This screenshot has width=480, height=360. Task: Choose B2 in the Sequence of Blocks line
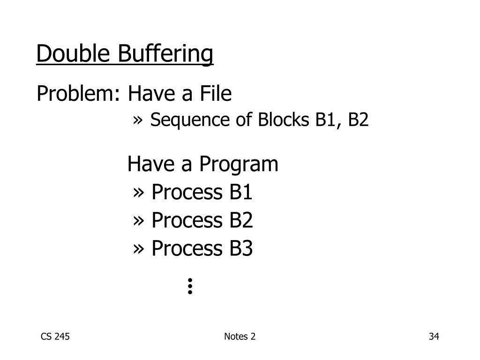click(358, 120)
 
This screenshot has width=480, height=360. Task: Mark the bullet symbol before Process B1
click(138, 193)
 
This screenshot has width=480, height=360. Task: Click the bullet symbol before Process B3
click(138, 249)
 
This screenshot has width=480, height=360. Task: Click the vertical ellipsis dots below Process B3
click(190, 285)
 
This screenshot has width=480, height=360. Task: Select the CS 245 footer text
click(56, 336)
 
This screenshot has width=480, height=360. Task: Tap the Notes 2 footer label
click(240, 336)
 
